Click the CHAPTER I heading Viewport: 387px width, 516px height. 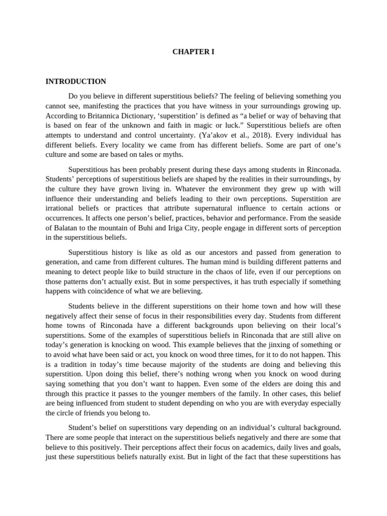pyautogui.click(x=193, y=51)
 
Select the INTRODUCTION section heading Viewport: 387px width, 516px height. pyautogui.click(x=76, y=81)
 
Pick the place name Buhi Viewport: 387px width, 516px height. pyautogui.click(x=151, y=228)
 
